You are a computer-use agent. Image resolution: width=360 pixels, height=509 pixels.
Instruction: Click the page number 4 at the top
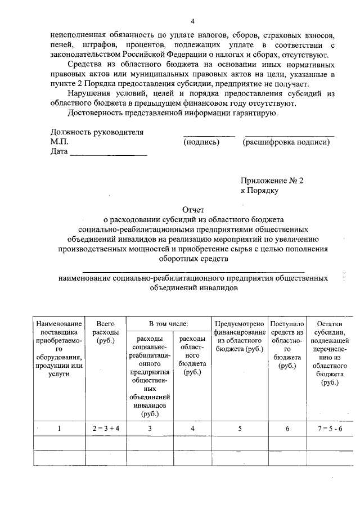point(192,21)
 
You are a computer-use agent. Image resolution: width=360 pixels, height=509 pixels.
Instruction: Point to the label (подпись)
point(201,142)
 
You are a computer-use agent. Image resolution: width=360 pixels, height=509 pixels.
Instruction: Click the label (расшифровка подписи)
point(286,142)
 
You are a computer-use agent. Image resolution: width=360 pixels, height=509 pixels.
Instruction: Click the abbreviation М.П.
point(59,142)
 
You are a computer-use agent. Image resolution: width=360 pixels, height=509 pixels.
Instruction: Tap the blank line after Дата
point(107,152)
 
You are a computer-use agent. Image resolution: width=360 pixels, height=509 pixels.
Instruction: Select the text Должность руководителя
point(97,133)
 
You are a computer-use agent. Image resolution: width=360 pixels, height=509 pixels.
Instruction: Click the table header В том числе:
point(168,323)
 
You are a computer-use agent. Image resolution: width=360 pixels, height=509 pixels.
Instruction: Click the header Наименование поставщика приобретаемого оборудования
point(59,349)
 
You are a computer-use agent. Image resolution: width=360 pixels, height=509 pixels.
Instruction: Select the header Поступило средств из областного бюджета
point(287,344)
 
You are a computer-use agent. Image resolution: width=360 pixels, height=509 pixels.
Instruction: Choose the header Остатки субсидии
point(330,353)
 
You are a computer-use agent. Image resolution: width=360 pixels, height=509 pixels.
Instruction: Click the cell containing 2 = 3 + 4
point(105,428)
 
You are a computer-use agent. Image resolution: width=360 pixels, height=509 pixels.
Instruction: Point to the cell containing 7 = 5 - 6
point(330,428)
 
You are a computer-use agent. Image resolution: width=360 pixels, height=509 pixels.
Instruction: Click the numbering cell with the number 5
point(240,428)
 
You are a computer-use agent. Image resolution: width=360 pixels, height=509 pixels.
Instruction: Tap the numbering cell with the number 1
point(59,428)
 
